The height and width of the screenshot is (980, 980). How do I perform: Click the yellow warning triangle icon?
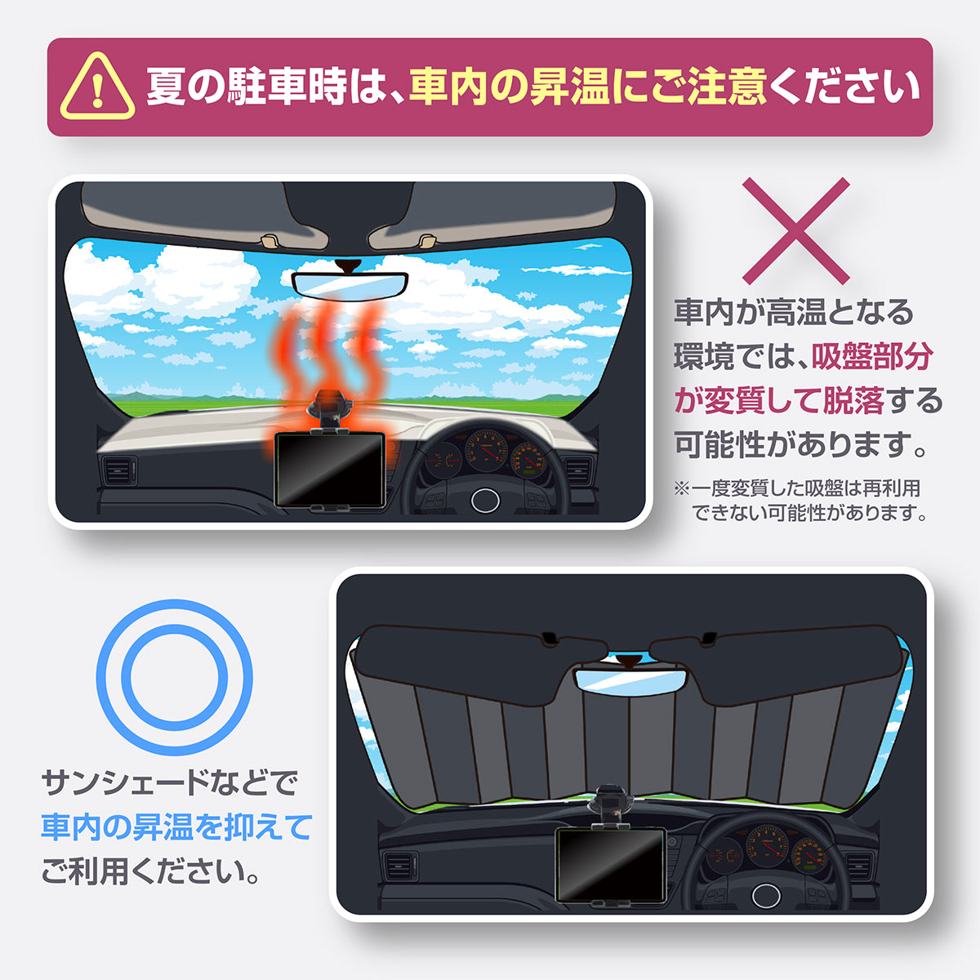97,87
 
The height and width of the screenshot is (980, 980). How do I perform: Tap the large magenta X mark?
795,231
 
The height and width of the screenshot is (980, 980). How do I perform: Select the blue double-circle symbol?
174,677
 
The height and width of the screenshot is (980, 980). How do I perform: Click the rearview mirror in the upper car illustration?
350,283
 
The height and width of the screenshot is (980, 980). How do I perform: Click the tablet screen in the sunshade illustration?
609,865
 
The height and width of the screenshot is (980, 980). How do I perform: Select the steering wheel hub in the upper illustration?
485,499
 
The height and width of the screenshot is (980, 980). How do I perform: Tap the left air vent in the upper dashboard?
118,471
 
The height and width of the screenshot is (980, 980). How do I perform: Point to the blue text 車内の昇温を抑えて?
176,827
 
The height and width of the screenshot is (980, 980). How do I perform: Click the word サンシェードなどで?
170,783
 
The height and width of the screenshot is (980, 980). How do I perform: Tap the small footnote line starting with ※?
796,488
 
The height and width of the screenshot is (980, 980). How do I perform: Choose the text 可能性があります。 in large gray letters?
801,445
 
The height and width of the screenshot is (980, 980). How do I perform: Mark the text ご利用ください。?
151,871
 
